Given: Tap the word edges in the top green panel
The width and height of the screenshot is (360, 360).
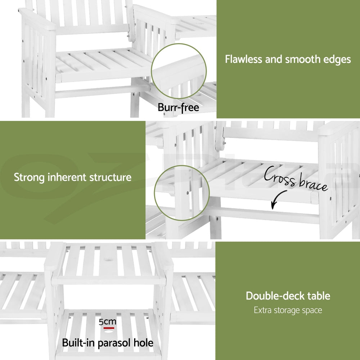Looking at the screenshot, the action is pos(337,59).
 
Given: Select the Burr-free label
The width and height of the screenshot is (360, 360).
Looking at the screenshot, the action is pos(178,107).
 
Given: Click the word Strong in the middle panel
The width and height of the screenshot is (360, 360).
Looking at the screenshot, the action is pos(29,177).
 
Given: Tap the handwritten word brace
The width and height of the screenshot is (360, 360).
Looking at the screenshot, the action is pos(314,185).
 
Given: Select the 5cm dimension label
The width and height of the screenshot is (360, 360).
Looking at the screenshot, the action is pos(107,322).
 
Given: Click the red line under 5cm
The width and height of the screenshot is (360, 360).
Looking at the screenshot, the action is pos(109,328).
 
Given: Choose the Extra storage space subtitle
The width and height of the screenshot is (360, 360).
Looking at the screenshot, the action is pos(288,310).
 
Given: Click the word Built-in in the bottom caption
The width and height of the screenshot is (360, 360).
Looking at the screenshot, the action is pos(78,343).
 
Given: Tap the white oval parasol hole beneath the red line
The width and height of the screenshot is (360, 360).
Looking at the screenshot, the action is pos(109,332).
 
